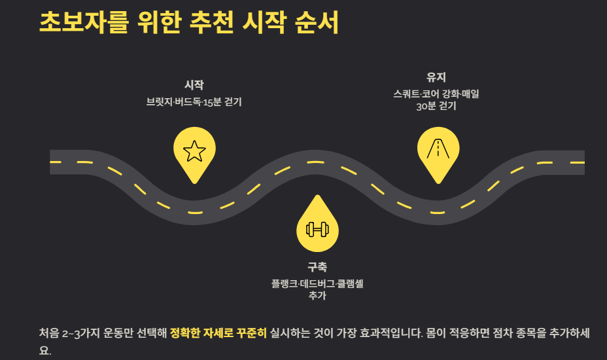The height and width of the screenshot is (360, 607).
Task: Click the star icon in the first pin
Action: click(x=194, y=151)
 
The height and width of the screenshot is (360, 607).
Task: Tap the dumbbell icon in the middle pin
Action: click(x=317, y=229)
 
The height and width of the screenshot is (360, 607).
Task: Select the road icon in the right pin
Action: click(x=438, y=149)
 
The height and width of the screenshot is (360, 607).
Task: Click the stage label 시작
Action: click(x=194, y=85)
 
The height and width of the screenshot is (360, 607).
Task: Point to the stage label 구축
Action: click(x=317, y=266)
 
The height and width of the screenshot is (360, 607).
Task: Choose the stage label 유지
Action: click(x=436, y=77)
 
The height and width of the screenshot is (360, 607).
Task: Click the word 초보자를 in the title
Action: click(x=84, y=22)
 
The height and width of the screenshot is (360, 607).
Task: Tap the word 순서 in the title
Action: click(x=317, y=22)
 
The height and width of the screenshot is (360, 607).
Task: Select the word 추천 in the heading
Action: click(x=212, y=22)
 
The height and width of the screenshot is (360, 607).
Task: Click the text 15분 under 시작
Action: click(x=212, y=102)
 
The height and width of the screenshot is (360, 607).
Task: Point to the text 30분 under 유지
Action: click(x=426, y=106)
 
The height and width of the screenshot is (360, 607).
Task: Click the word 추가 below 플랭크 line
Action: click(x=317, y=296)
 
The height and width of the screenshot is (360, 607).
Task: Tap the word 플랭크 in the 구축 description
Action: click(x=285, y=283)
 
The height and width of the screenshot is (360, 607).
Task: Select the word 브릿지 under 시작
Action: click(x=159, y=102)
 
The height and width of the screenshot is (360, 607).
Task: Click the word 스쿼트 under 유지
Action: click(x=407, y=94)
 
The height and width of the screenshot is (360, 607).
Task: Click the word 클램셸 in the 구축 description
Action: click(x=351, y=283)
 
